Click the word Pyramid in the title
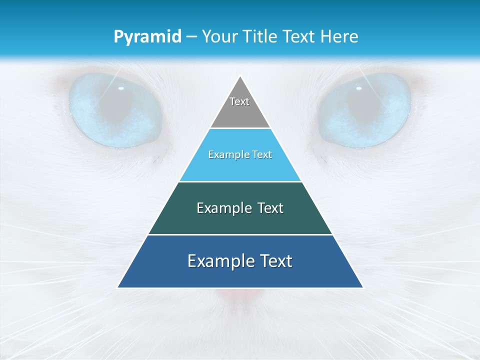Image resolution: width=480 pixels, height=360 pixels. pyautogui.click(x=147, y=37)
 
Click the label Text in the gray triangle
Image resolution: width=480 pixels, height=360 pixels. pyautogui.click(x=239, y=101)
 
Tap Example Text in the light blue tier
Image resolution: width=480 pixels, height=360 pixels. pyautogui.click(x=240, y=154)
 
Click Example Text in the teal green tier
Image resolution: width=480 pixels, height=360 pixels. pyautogui.click(x=240, y=208)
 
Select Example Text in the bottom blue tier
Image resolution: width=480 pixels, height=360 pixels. pyautogui.click(x=240, y=261)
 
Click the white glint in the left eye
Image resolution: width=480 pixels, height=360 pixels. pyautogui.click(x=121, y=88)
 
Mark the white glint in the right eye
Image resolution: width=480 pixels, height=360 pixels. pyautogui.click(x=358, y=88)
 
